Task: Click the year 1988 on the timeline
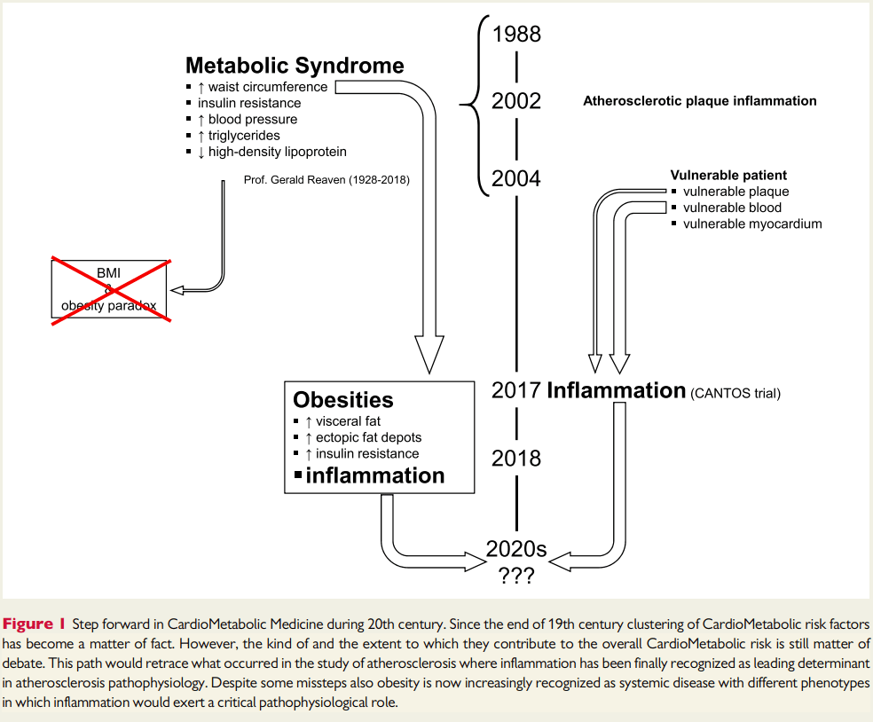point(516,34)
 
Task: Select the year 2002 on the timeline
point(516,101)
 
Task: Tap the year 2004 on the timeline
point(516,178)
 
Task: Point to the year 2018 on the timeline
point(516,459)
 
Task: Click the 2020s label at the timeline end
point(516,549)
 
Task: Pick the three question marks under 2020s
point(516,576)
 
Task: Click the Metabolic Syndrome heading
point(295,66)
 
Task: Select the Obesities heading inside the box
point(343,400)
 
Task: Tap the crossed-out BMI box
point(109,289)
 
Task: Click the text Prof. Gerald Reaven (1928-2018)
point(326,180)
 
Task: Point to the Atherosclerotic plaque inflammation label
point(700,101)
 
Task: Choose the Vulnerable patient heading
point(728,176)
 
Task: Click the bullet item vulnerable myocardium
point(752,224)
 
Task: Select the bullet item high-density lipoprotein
point(278,152)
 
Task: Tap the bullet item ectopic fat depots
point(368,437)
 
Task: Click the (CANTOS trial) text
point(735,394)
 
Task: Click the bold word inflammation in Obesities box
point(375,476)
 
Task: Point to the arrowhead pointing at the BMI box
point(177,290)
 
